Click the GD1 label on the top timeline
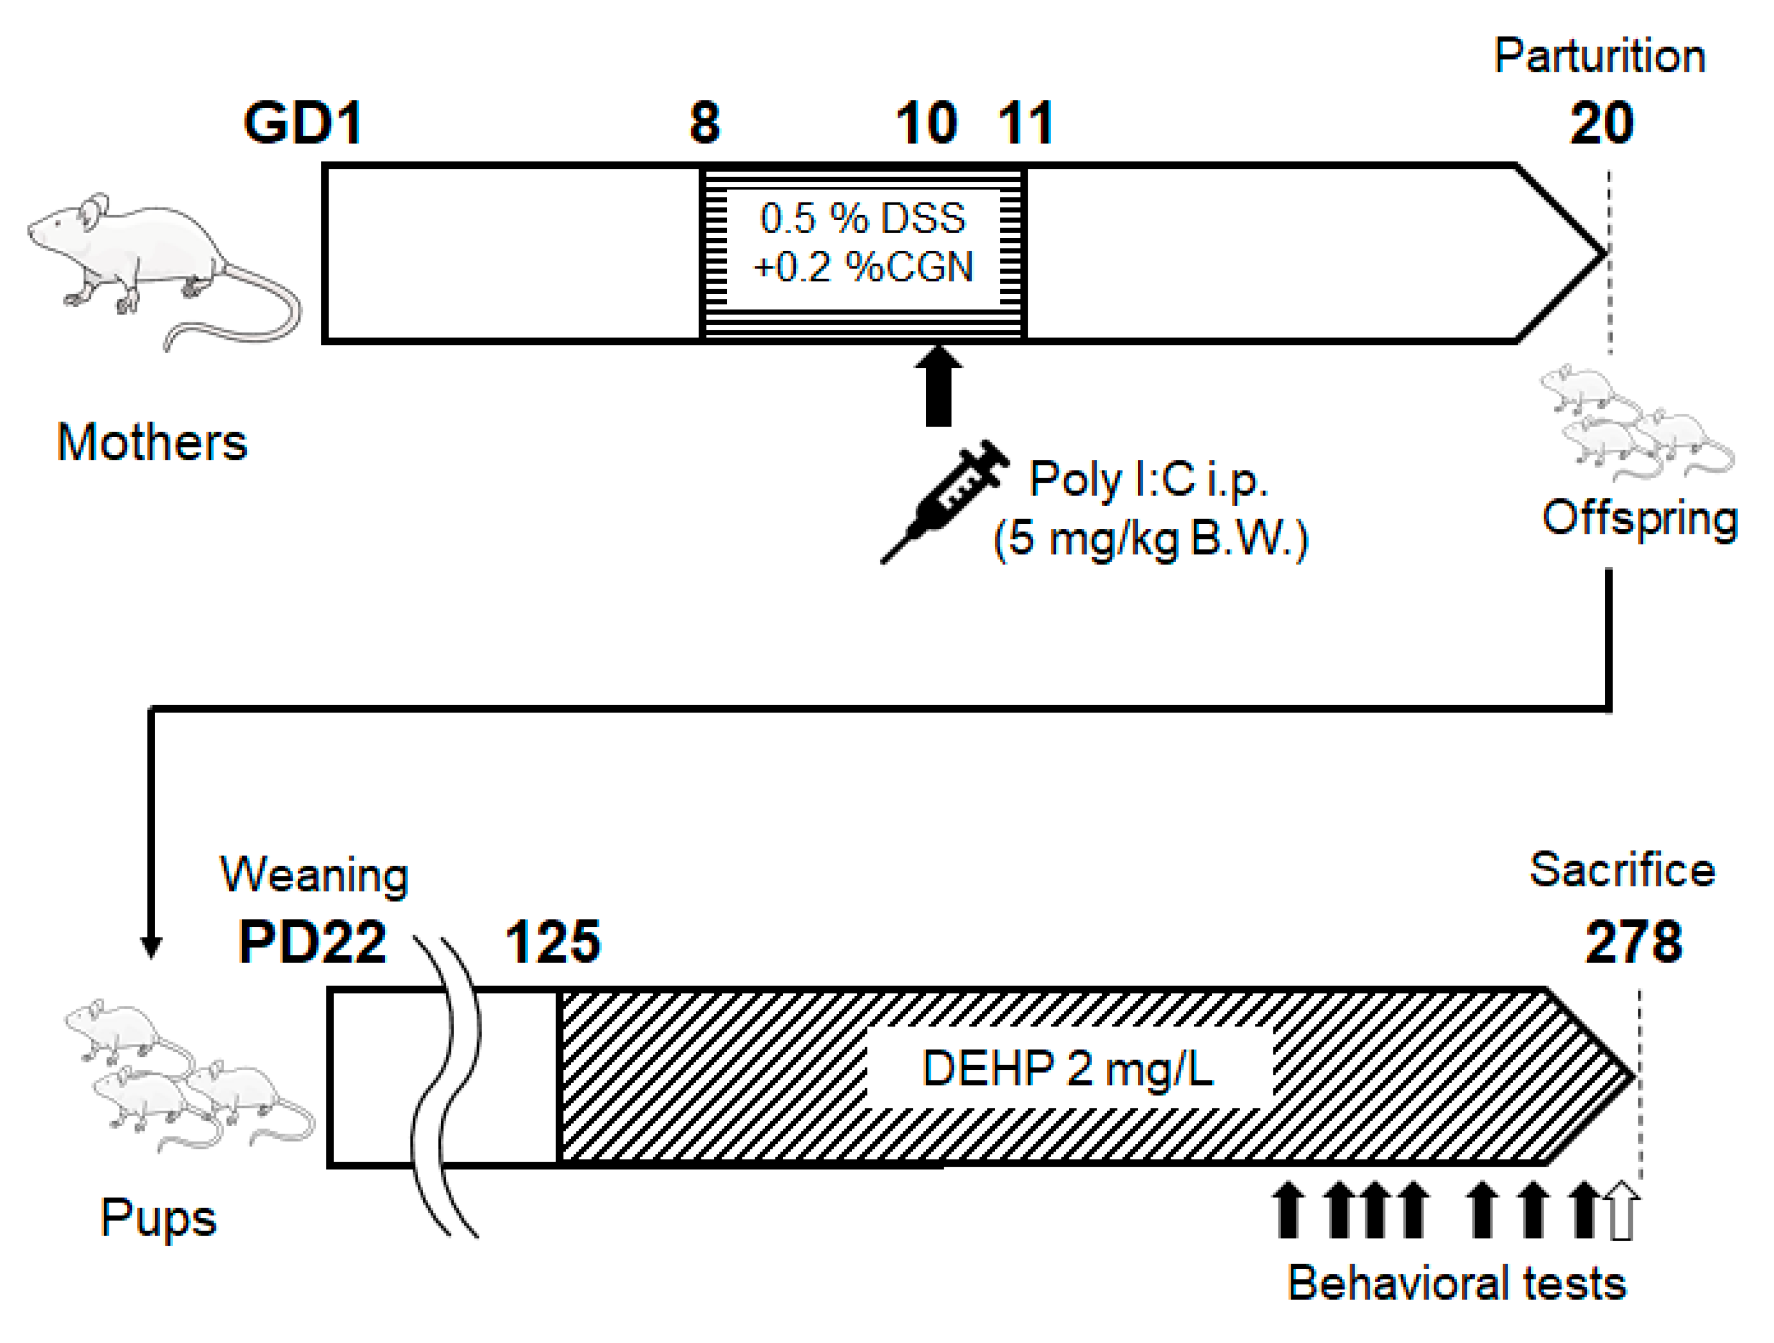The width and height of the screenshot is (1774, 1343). click(303, 123)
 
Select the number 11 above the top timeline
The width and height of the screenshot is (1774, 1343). click(1025, 123)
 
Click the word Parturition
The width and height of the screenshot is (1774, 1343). click(1599, 57)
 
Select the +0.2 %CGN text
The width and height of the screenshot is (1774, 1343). click(863, 267)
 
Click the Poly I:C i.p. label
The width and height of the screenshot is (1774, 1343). click(1148, 480)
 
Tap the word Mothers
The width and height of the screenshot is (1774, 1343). click(152, 443)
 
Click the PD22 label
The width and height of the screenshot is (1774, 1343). click(312, 941)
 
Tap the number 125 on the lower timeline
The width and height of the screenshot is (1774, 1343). click(553, 941)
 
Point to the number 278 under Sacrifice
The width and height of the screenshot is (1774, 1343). click(1634, 941)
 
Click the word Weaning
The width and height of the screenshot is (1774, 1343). click(314, 875)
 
